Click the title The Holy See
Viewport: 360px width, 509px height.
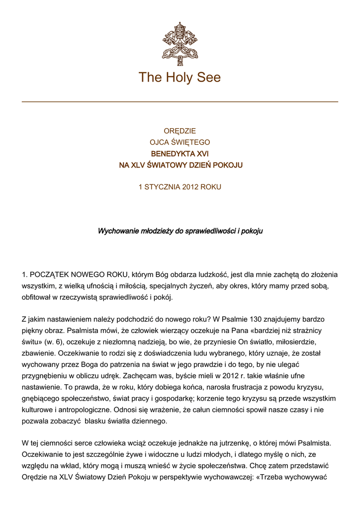coord(180,78)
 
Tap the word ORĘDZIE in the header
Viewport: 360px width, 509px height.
coord(180,131)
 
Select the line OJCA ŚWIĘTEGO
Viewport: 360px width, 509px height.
coord(180,143)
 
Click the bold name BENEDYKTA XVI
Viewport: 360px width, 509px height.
coord(180,154)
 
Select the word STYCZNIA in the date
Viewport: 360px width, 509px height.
coord(162,187)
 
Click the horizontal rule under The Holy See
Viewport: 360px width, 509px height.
coord(180,101)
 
